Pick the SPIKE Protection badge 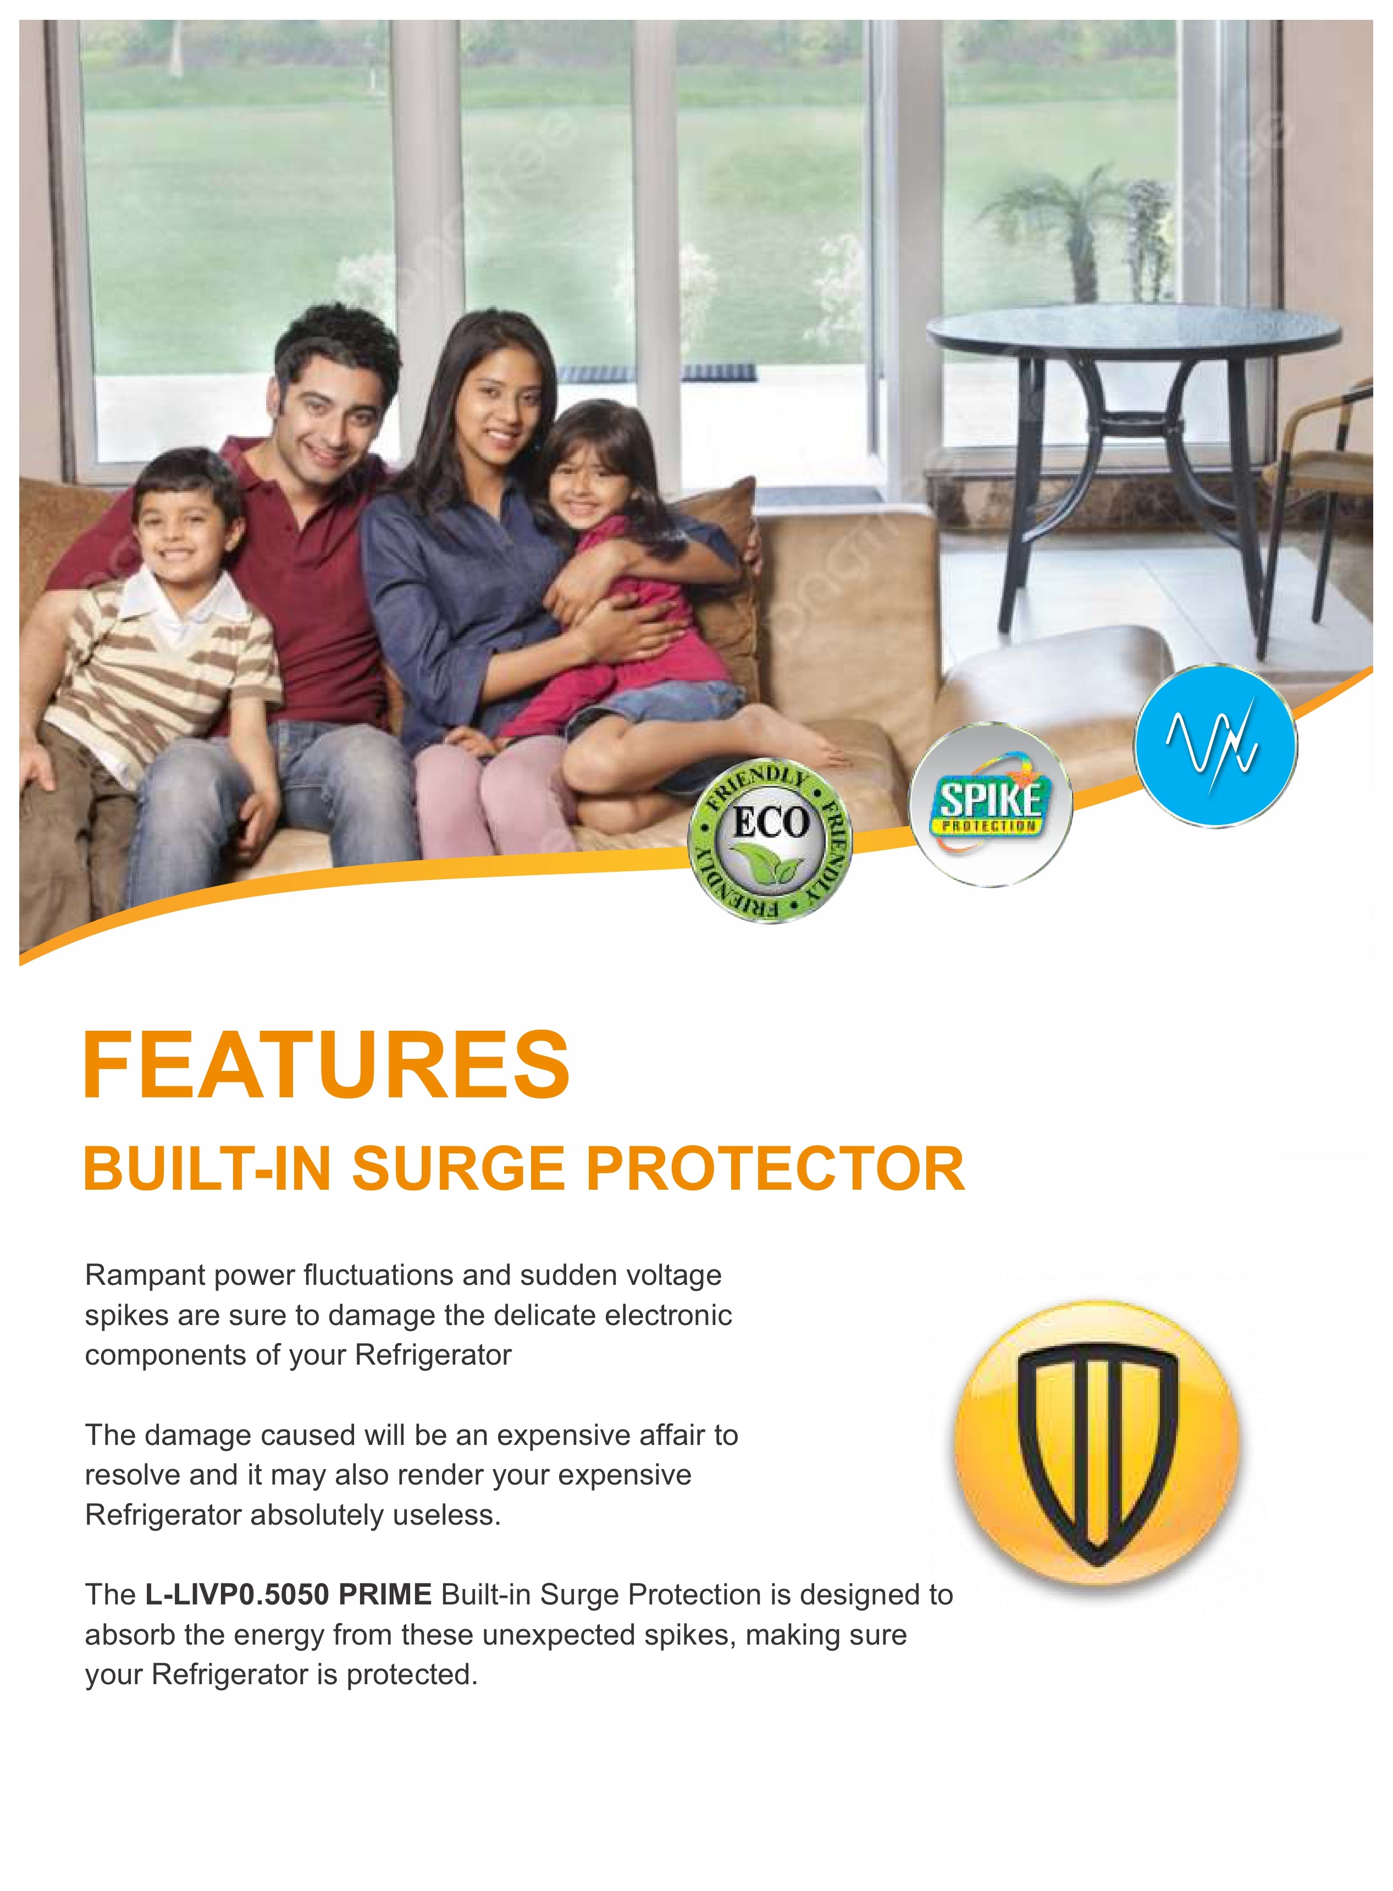pyautogui.click(x=990, y=805)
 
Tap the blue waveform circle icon pyautogui.click(x=1214, y=746)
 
